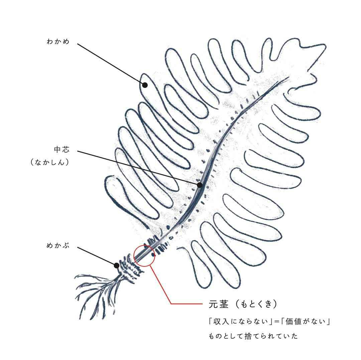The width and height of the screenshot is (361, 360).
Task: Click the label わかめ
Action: click(x=58, y=42)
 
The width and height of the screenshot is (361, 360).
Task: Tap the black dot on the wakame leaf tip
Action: click(x=145, y=85)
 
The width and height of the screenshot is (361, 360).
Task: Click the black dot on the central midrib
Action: click(x=200, y=185)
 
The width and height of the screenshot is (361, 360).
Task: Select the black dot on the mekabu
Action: click(x=116, y=265)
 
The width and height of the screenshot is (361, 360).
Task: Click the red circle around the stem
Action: click(x=144, y=256)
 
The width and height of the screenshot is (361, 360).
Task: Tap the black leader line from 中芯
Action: click(x=137, y=168)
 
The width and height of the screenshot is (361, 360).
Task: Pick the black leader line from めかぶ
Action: click(x=97, y=256)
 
